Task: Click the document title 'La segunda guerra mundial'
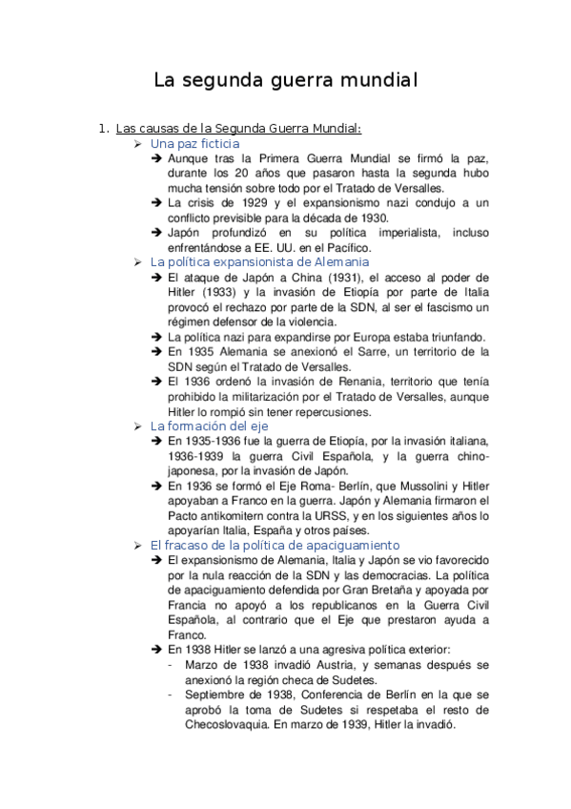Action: pyautogui.click(x=285, y=80)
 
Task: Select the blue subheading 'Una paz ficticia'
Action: pyautogui.click(x=195, y=143)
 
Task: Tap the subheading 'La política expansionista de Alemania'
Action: pyautogui.click(x=259, y=261)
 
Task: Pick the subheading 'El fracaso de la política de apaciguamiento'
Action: pyautogui.click(x=275, y=545)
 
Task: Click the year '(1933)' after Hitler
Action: pyautogui.click(x=208, y=291)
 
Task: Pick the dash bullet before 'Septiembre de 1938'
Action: pyautogui.click(x=170, y=695)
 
